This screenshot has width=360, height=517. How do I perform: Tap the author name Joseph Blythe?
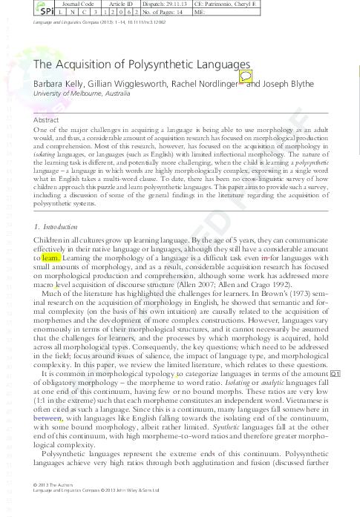(285, 85)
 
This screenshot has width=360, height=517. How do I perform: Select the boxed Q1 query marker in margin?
(334, 372)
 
